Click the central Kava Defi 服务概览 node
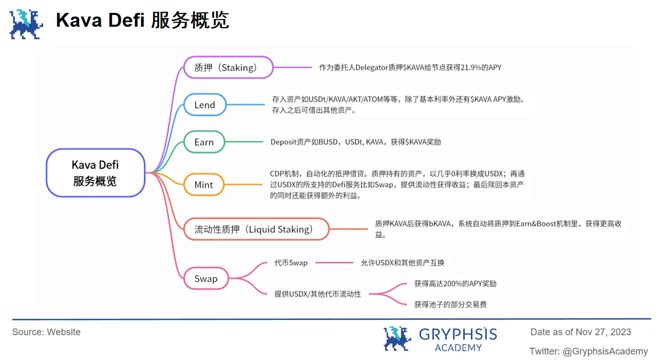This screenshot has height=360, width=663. pyautogui.click(x=95, y=173)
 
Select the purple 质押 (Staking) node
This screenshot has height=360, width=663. pyautogui.click(x=228, y=67)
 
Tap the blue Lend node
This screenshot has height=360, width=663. pyautogui.click(x=204, y=105)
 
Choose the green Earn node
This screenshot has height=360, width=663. pyautogui.click(x=204, y=142)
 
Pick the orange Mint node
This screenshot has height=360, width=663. pyautogui.click(x=204, y=185)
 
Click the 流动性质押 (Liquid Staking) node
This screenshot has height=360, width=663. pyautogui.click(x=256, y=229)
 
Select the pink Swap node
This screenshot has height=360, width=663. pyautogui.click(x=205, y=279)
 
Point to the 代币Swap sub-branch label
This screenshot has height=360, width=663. pyautogui.click(x=291, y=263)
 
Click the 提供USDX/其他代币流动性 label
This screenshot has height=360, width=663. pyautogui.click(x=317, y=294)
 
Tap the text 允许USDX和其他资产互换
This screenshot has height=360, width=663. pyautogui.click(x=402, y=263)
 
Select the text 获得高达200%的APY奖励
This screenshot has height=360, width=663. pyautogui.click(x=455, y=283)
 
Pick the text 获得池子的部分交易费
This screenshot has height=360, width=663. pyautogui.click(x=450, y=305)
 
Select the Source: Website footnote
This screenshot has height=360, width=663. pyautogui.click(x=46, y=332)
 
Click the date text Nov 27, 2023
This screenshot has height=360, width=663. pyautogui.click(x=603, y=332)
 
